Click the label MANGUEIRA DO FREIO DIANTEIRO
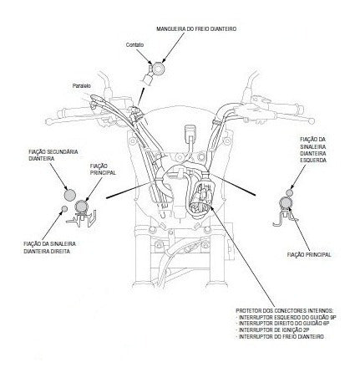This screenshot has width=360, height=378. point(196,29)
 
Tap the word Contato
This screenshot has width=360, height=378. point(134,44)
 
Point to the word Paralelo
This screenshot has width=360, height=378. point(82,86)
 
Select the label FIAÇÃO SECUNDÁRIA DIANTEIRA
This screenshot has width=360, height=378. point(53,155)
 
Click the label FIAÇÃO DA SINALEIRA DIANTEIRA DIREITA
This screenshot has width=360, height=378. point(49,248)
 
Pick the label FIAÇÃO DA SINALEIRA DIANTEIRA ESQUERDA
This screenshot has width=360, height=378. point(313,150)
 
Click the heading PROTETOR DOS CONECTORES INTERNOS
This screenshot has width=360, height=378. point(285,310)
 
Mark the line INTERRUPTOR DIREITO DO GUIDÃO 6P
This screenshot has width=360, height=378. point(284,324)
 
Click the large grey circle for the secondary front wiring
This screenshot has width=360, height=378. point(69,195)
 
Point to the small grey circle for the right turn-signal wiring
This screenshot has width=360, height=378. point(64,208)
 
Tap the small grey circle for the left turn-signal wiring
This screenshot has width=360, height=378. point(289,192)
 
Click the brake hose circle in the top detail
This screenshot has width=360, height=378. point(159,68)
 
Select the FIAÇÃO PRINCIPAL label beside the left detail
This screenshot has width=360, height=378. point(103,169)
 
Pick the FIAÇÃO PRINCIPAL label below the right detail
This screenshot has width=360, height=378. point(309,255)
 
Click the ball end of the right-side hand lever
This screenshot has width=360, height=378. point(312,120)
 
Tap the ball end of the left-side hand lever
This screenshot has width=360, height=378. point(48,121)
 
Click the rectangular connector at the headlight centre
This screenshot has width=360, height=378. point(190,131)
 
